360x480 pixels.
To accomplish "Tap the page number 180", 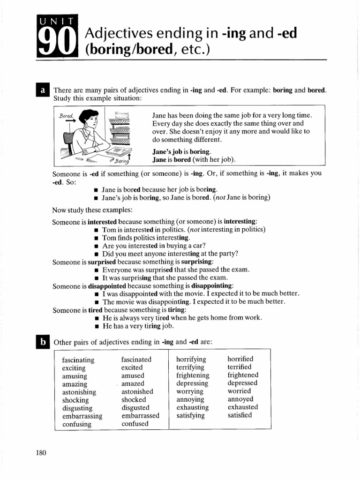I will point(41,452).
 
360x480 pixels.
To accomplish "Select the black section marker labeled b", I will point(43,342).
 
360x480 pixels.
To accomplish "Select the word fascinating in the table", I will point(78,360).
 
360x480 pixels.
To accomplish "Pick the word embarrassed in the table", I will point(140,416).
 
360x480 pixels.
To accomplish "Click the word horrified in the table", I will point(240,359).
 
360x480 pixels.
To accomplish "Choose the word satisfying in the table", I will point(190,415).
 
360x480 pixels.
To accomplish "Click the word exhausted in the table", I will point(242,407).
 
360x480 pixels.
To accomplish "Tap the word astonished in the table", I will point(137,391).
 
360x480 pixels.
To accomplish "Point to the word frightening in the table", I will point(193,375).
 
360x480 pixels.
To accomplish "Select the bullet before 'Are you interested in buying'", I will point(96,246).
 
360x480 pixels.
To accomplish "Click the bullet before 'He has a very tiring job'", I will point(96,326).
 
